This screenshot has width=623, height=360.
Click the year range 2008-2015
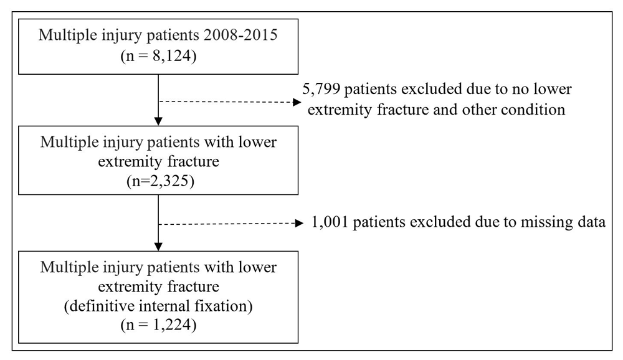coord(240,35)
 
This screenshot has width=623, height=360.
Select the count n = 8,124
coord(158,56)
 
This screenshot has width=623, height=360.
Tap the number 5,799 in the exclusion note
coord(321,89)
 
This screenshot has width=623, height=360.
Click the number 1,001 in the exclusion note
coord(330,222)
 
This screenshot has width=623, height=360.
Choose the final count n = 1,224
coord(158,325)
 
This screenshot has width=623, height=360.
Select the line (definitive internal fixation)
coord(158,306)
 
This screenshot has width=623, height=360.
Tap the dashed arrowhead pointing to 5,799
coord(297,102)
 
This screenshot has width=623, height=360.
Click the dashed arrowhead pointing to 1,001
coord(299,224)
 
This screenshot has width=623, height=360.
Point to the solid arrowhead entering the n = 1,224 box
coord(158,247)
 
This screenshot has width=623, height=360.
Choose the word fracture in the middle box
coord(193,162)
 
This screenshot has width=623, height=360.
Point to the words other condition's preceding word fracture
coord(402,110)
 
